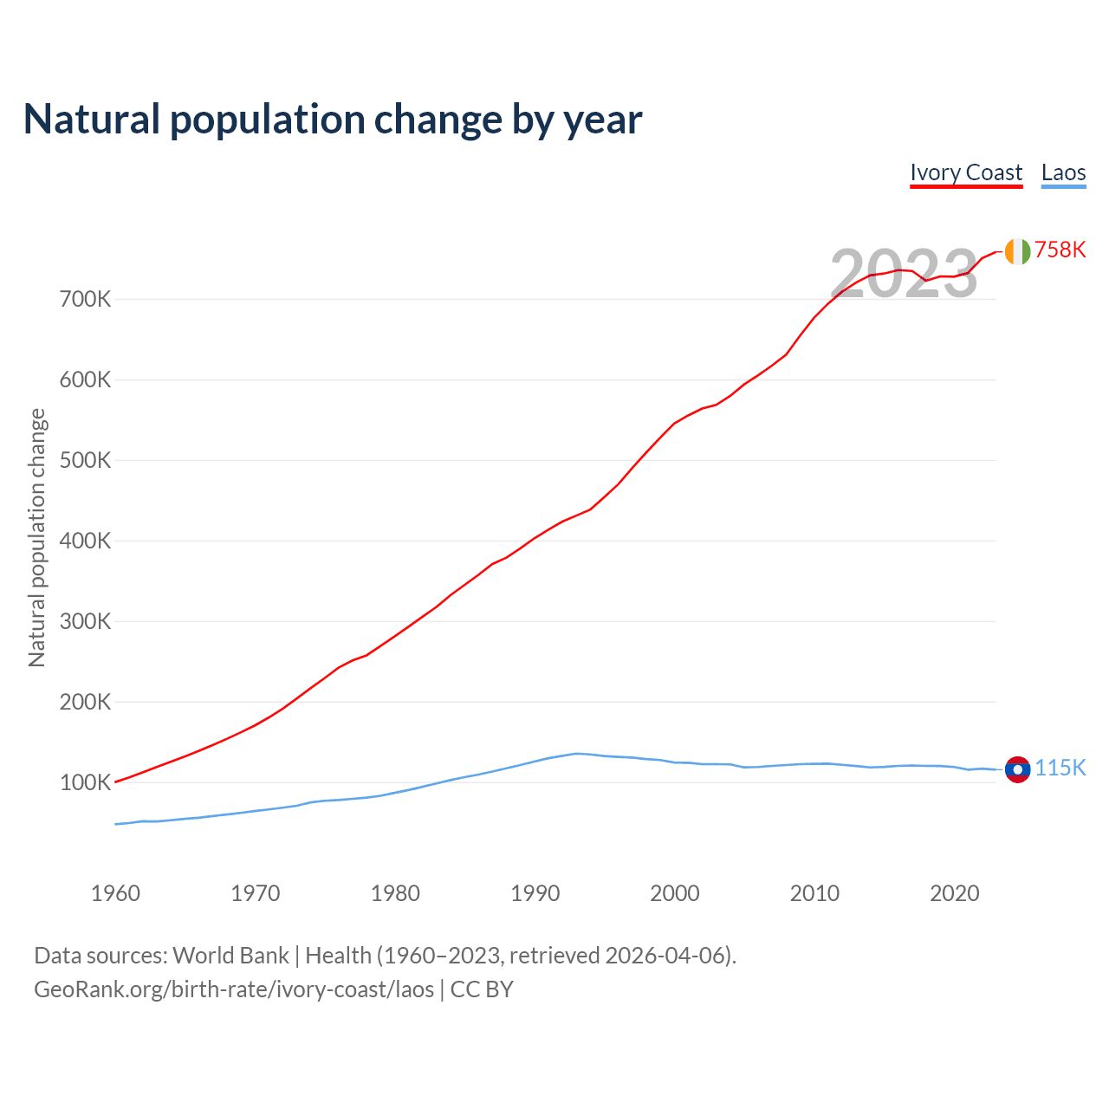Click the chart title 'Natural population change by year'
coord(333,120)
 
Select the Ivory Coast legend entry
coord(966,172)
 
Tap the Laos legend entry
coord(1063,172)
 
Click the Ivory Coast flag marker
coord(1017,251)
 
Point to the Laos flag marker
coord(1017,769)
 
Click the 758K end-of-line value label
coord(1060,250)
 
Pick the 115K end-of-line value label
coord(1060,768)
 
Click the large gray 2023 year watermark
coord(904,274)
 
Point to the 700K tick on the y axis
coord(85,300)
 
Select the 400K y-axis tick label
coord(85,542)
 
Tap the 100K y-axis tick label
coord(85,783)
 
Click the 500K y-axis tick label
coord(85,461)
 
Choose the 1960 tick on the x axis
coord(115,893)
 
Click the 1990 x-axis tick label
coord(535,893)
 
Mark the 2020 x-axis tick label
coord(955,893)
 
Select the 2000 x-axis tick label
coord(675,893)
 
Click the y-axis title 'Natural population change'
coord(36,538)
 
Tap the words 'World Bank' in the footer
coord(230,956)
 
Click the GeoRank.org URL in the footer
coord(234,989)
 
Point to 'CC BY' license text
coord(482,989)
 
